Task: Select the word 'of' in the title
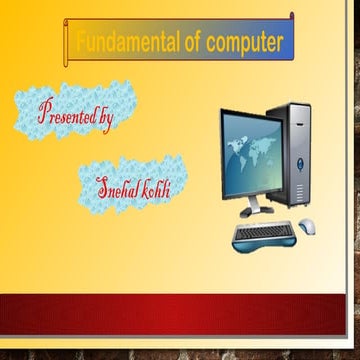pyautogui.click(x=191, y=43)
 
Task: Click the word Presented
pyautogui.click(x=68, y=112)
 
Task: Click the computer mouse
pyautogui.click(x=305, y=224)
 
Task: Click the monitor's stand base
pyautogui.click(x=256, y=211)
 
